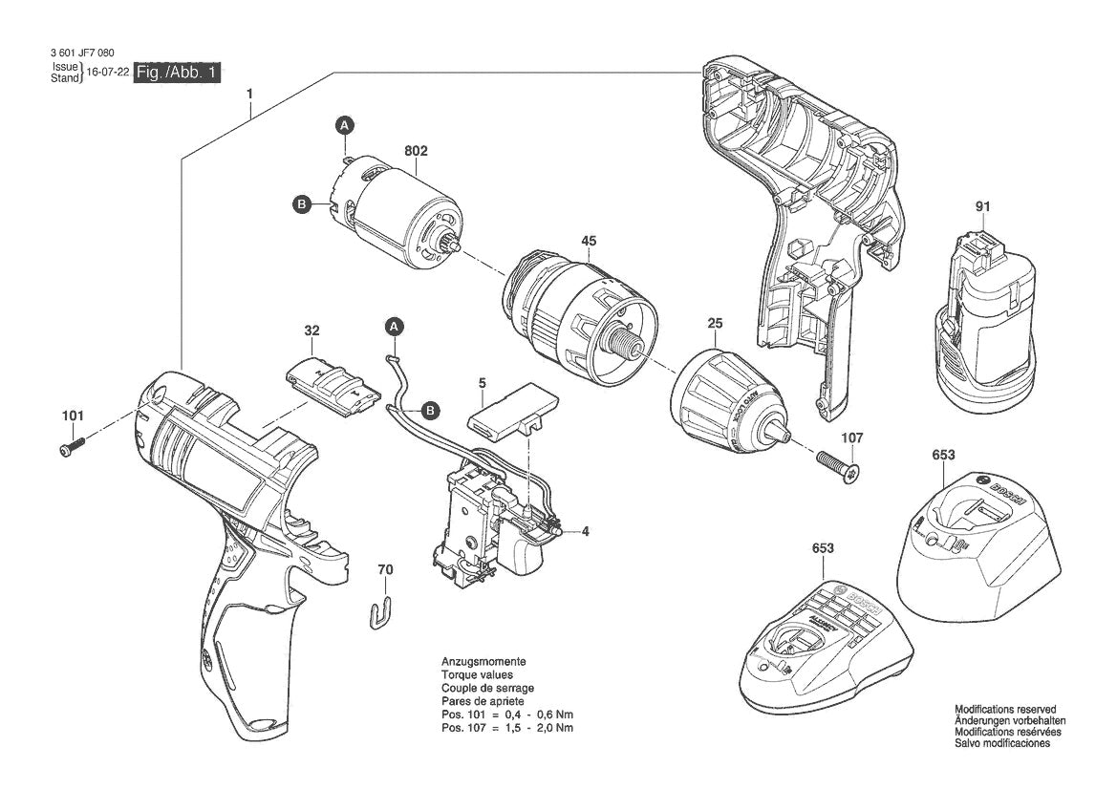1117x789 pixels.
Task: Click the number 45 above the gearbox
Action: coord(589,241)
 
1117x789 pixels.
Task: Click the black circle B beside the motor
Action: coord(302,204)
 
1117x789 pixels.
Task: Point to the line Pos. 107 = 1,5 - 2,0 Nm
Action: coord(507,728)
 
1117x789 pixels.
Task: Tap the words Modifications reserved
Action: coord(1004,709)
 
